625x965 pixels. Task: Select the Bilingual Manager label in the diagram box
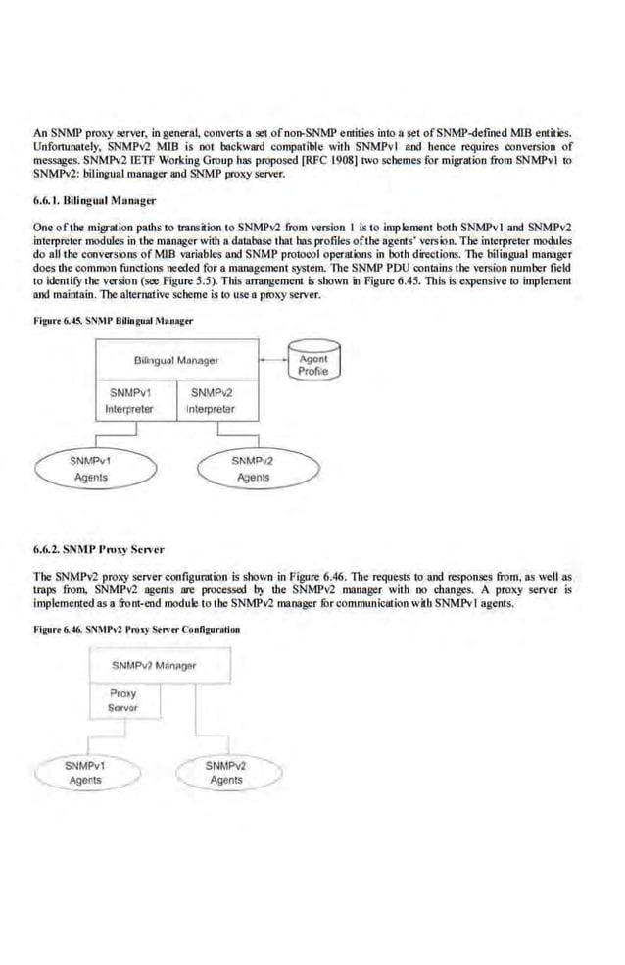pos(176,361)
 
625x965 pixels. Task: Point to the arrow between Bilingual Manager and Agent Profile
pos(272,360)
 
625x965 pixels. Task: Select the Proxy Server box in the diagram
pos(122,699)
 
